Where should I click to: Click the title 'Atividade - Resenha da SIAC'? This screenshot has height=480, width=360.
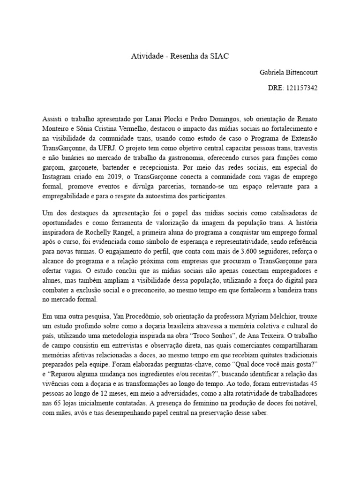(180, 57)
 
